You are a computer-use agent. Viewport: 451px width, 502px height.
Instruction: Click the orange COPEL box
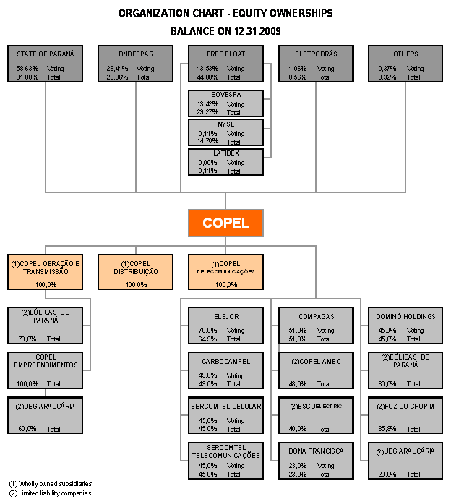tap(225, 223)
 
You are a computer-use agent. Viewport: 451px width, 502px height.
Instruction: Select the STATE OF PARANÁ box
tap(46, 64)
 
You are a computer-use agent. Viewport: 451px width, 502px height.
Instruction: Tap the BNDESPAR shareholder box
tap(136, 64)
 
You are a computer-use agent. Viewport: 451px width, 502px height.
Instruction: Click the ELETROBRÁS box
tap(316, 64)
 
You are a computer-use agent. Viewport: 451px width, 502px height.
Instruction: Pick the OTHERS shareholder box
tap(405, 64)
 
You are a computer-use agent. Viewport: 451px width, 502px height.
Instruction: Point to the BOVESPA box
tap(225, 103)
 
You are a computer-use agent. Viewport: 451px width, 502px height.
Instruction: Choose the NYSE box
tap(225, 132)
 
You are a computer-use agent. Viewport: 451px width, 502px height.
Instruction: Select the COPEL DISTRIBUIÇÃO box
tap(135, 272)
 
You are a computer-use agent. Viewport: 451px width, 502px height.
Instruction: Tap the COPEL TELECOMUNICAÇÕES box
tap(225, 272)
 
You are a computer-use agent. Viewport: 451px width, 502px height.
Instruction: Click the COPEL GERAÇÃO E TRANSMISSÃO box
tap(46, 272)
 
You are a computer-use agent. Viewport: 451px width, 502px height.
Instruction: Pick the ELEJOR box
tap(225, 326)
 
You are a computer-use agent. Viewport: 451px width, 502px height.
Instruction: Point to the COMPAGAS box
tap(316, 326)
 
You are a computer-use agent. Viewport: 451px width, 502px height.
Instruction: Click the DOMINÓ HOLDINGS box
tap(405, 326)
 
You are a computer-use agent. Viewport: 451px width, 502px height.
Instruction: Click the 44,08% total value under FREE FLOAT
tap(207, 77)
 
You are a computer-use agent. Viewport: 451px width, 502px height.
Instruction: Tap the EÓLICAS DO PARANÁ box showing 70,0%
tap(46, 326)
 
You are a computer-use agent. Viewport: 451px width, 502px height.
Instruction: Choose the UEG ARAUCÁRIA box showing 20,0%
tap(405, 461)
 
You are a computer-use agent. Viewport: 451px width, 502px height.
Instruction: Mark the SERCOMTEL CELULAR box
tap(225, 415)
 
